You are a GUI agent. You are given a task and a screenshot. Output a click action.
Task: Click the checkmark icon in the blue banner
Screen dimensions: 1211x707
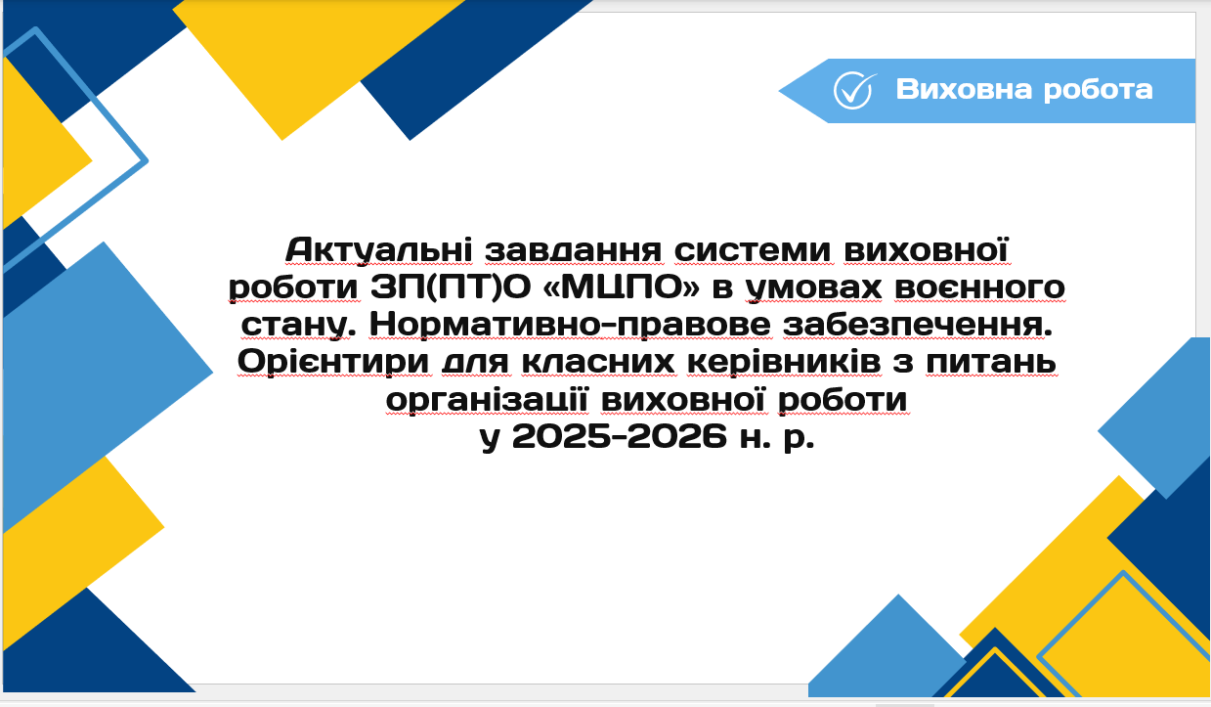(854, 90)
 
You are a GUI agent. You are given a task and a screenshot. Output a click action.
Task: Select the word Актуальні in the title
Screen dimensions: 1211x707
(379, 250)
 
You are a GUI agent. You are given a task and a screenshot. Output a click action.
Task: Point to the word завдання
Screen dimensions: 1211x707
(573, 251)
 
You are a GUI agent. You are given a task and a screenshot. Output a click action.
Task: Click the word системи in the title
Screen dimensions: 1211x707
(753, 251)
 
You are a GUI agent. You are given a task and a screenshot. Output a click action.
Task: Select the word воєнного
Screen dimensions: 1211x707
(979, 287)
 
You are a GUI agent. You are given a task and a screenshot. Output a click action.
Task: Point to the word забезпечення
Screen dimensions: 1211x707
(918, 326)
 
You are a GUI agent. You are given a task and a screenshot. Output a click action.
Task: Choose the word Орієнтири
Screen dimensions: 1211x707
(333, 363)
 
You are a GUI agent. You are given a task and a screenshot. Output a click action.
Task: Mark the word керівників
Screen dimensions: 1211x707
(784, 363)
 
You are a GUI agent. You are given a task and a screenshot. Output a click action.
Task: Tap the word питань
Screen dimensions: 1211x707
(991, 363)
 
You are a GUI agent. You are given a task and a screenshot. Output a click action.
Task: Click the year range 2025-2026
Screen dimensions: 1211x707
(620, 436)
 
